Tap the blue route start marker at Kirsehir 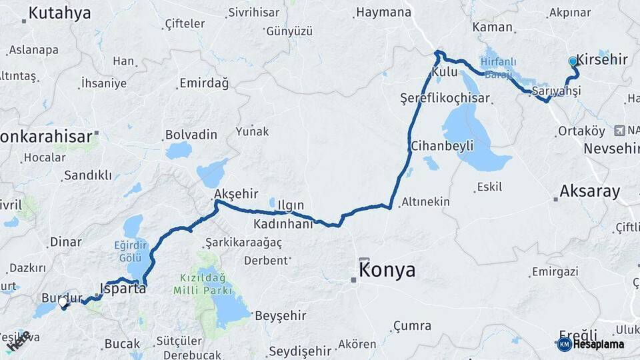coord(573,61)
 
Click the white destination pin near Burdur coord(63,302)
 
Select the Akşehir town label coord(236,194)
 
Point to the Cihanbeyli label coord(442,145)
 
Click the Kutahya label coord(59,12)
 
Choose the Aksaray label coord(589,191)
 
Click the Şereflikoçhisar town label coord(445,98)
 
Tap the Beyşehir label coord(281,315)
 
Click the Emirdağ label coord(203,83)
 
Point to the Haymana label coord(383,12)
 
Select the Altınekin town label coord(425,201)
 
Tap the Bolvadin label coord(191,135)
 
